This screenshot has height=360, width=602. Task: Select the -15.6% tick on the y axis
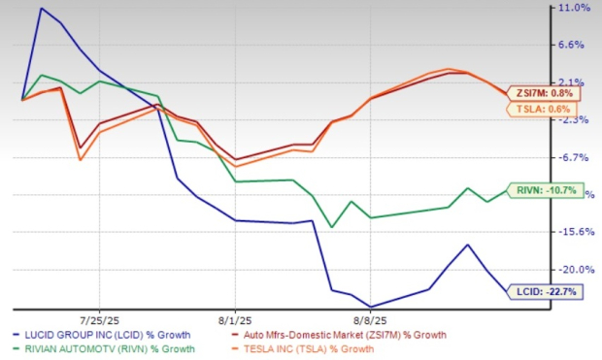click(577, 232)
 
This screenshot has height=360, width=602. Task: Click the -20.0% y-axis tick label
click(577, 270)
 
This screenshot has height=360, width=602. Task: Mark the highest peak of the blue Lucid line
click(42, 9)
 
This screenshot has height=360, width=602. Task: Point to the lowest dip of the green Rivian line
click(333, 227)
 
